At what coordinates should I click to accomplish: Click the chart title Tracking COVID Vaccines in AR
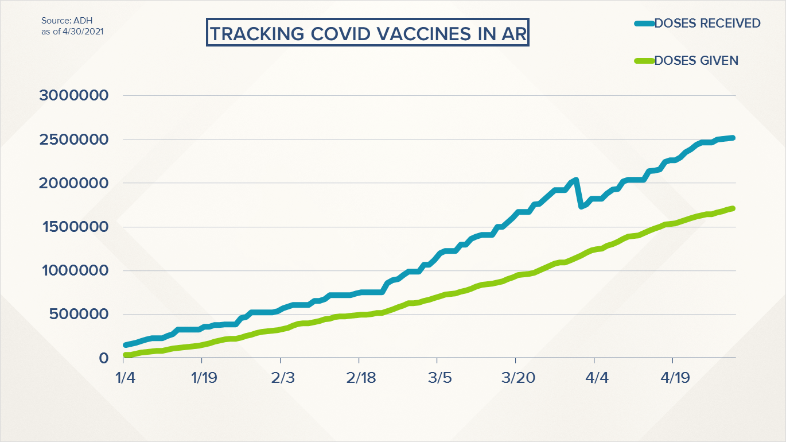coord(367,34)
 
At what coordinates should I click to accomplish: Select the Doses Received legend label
coord(707,24)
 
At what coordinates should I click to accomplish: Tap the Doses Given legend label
coord(696,60)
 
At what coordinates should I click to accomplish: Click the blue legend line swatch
coord(645,24)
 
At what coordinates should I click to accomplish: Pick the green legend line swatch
coord(645,60)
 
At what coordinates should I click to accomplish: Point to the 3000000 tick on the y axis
coord(73,95)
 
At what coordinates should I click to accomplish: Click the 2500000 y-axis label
coord(73,139)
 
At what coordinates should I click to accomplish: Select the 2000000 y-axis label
coord(73,183)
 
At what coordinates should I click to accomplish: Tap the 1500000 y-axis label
coord(73,227)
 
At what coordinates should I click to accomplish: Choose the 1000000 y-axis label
coord(73,270)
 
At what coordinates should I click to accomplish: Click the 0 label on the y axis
coord(103,358)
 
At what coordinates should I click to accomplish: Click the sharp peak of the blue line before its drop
coord(575,180)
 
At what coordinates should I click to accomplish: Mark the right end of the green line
coord(733,208)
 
